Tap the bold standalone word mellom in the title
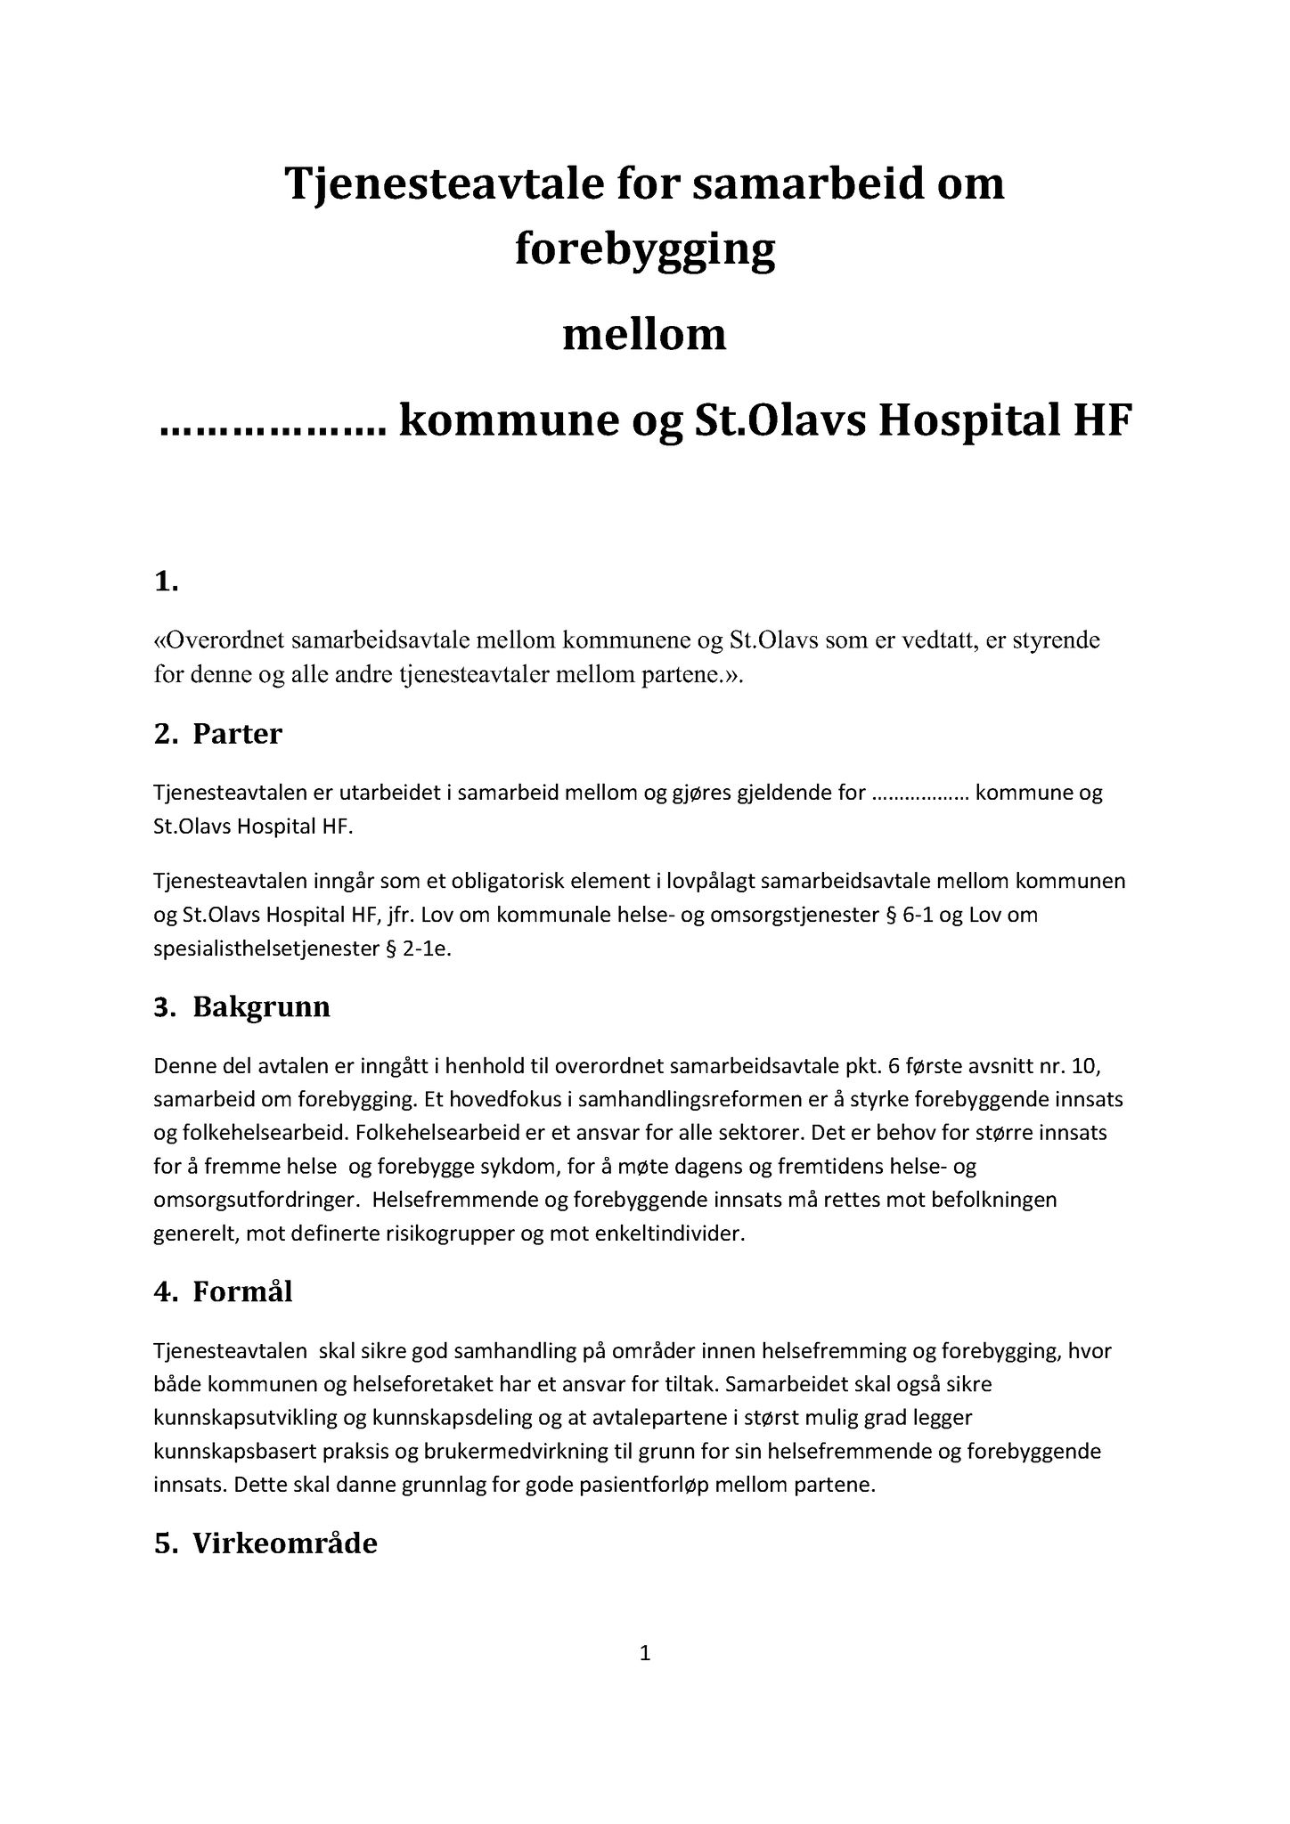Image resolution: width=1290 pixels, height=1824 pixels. [x=644, y=336]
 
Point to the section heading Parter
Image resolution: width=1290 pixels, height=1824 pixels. [x=237, y=734]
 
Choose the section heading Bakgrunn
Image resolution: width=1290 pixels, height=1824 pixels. [x=261, y=1007]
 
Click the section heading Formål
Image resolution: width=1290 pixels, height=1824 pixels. [x=242, y=1291]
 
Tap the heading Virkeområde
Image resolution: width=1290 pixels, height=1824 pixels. [x=285, y=1543]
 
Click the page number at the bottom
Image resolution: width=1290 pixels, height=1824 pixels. [x=646, y=1655]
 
